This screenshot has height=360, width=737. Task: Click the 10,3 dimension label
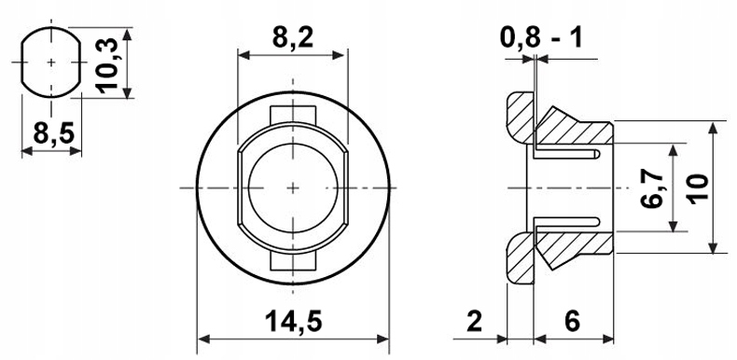coord(106,66)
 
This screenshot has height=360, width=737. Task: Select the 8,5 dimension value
coord(54,134)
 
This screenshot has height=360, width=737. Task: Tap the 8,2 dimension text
coord(292,37)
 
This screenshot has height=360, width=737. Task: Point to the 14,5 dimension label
coord(294,322)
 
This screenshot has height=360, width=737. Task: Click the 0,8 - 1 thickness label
coord(541,37)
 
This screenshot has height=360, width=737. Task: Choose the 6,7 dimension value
coord(652,188)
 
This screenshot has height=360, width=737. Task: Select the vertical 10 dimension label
coord(699,188)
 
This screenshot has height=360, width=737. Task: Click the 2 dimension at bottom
coord(475,322)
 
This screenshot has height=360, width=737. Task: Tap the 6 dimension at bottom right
coord(573,322)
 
